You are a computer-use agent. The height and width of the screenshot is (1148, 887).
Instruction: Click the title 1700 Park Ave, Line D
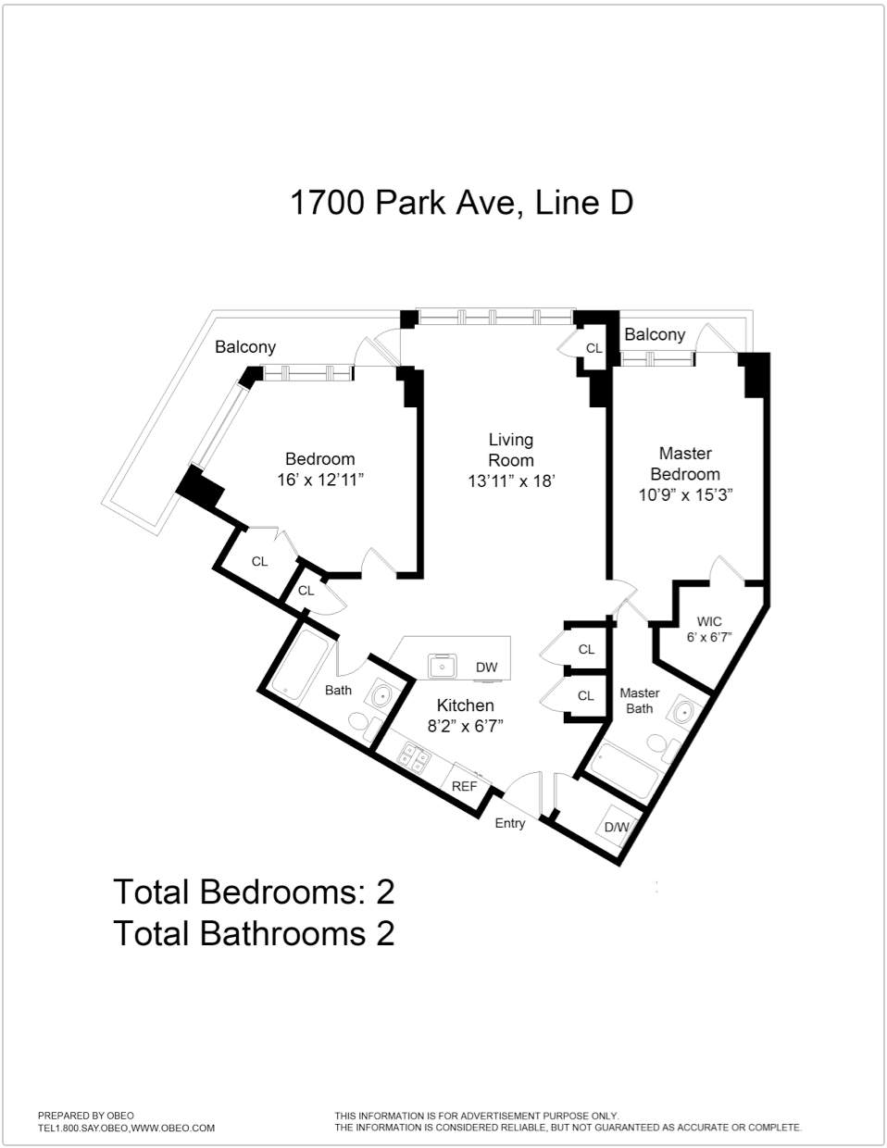point(461,202)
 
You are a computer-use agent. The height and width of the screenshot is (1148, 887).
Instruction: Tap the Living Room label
point(510,450)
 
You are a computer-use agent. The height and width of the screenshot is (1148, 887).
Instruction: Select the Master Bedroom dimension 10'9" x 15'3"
point(685,495)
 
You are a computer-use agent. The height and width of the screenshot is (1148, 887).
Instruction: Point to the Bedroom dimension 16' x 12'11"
point(320,480)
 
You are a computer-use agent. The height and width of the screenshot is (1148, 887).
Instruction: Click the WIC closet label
point(708,622)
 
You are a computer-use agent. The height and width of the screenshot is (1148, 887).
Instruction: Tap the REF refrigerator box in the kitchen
point(464,786)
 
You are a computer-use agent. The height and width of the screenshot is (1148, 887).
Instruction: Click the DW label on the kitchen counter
point(486,667)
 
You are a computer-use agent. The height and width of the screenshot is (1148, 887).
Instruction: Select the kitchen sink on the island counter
point(443,666)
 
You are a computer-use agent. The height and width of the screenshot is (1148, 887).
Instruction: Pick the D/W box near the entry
point(617,827)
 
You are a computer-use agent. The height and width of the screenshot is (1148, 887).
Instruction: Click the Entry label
point(509,823)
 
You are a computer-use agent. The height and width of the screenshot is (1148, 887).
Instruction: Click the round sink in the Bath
point(381,693)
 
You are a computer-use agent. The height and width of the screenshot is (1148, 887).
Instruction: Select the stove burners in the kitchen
point(413,758)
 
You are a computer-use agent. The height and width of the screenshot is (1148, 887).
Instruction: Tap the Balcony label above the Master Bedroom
point(655,334)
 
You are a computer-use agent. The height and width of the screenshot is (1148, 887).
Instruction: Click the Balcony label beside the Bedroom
point(245,347)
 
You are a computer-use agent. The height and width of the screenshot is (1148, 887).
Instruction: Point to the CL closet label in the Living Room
point(593,349)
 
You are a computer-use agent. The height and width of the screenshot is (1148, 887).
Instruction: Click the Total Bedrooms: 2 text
point(254,892)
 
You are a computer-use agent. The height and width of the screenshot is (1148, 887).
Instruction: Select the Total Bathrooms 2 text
point(254,932)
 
